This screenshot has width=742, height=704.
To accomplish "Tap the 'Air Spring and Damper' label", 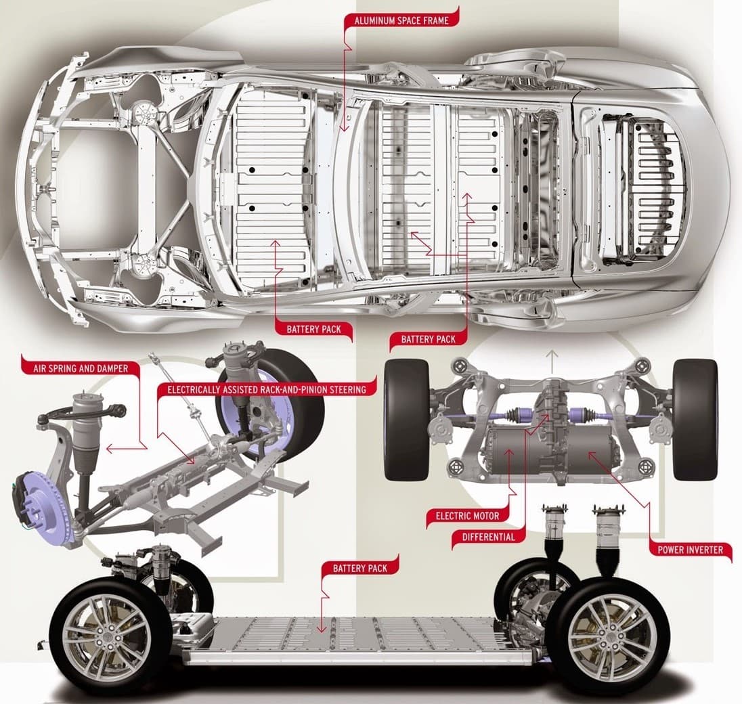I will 81,369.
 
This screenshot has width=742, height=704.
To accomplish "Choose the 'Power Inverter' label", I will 690,550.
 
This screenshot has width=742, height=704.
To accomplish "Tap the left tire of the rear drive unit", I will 407,420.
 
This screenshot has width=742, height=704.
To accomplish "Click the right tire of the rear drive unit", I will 695,420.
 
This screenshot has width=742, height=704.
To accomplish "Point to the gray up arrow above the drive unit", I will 552,361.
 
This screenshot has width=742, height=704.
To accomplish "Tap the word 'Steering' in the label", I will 343,389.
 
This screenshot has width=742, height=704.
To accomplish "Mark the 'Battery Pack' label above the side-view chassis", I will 359,568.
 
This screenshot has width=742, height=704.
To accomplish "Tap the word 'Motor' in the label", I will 487,516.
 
